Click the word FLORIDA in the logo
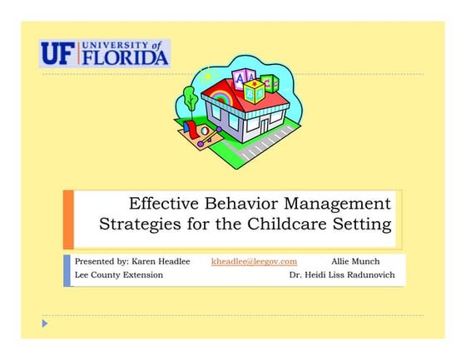click(x=126, y=57)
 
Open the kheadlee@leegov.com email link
click(x=254, y=261)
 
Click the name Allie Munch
click(x=355, y=261)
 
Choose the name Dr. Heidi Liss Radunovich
click(x=342, y=274)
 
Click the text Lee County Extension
click(x=119, y=274)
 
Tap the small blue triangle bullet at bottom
click(x=47, y=322)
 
